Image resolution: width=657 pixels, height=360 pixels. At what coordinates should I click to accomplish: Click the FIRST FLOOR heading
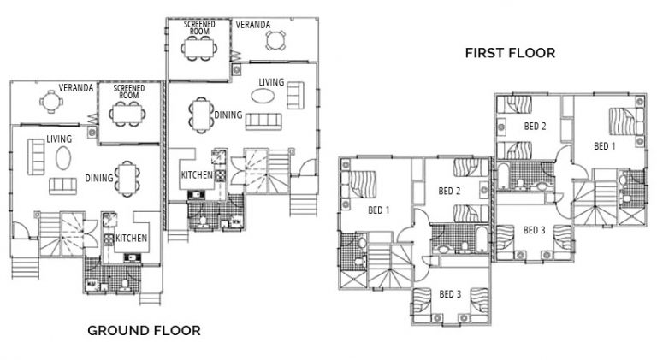(510, 53)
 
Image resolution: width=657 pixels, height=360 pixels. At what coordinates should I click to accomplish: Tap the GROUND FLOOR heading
(144, 330)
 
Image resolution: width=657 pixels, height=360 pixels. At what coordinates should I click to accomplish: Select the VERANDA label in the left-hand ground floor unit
(76, 87)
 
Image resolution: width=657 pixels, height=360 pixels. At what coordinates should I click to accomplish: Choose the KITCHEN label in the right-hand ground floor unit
(197, 175)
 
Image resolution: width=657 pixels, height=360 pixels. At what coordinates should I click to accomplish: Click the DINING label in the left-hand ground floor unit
(99, 179)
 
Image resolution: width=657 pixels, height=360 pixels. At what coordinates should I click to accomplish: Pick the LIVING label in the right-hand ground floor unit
(272, 82)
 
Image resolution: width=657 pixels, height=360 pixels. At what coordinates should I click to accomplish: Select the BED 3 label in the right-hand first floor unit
(533, 230)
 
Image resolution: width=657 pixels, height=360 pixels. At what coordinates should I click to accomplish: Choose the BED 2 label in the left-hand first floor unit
(450, 191)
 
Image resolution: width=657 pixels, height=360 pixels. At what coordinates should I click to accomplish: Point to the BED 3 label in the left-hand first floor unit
(450, 294)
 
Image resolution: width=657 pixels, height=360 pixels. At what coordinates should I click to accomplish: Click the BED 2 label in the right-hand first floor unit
(535, 127)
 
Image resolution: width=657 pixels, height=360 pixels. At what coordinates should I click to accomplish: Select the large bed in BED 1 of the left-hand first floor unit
(359, 182)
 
